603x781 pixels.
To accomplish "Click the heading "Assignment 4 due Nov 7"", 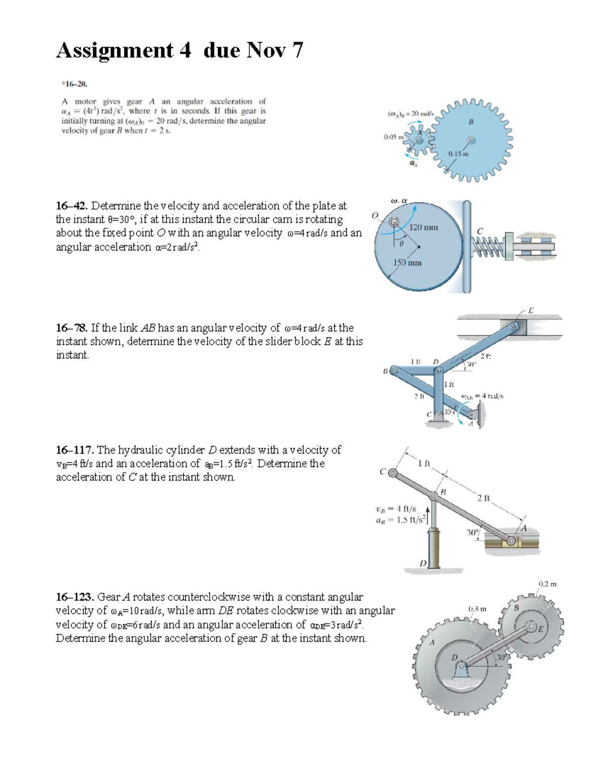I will click(x=179, y=50).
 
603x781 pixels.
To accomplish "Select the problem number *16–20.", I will click(x=71, y=84).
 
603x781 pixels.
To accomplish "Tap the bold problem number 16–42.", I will click(x=72, y=206).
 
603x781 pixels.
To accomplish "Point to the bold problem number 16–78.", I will click(x=72, y=328).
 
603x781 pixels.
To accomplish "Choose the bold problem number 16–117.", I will click(x=75, y=450).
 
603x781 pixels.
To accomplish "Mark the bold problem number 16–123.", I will click(x=75, y=597).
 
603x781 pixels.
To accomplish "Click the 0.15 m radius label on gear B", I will click(x=458, y=154).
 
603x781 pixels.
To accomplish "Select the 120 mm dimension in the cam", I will click(x=423, y=227).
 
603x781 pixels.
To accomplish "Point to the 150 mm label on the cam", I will click(x=407, y=263).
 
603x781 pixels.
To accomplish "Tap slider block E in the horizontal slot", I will click(x=514, y=327).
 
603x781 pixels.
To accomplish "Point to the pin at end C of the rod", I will click(x=393, y=473).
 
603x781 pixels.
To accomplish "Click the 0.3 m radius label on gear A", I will click(x=477, y=609).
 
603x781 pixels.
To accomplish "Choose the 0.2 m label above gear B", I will click(x=547, y=584).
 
